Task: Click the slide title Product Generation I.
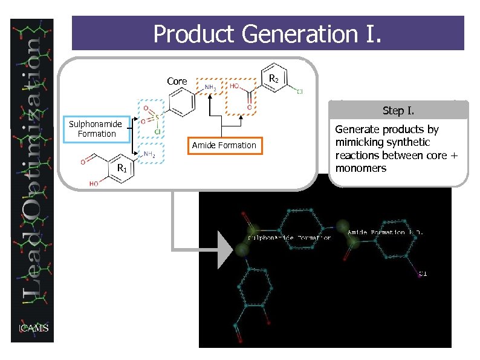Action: (267, 34)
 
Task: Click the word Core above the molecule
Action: (177, 81)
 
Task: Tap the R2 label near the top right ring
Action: (273, 79)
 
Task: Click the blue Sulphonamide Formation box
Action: (96, 129)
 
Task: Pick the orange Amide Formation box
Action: (224, 145)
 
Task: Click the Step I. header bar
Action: (398, 111)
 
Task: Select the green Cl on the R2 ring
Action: (299, 92)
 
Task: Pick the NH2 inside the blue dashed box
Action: (150, 155)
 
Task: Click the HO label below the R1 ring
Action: (94, 183)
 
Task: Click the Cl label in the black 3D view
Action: (423, 273)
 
